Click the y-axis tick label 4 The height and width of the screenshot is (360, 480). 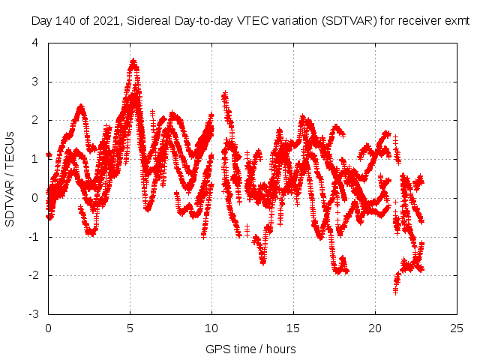(35, 43)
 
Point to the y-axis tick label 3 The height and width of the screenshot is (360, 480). (35, 82)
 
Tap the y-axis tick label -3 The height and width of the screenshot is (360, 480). (33, 314)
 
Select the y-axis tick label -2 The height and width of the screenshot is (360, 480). (33, 275)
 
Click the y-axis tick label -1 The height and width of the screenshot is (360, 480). (33, 237)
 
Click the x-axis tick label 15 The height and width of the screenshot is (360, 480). (293, 328)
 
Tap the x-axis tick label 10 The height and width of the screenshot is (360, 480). (211, 328)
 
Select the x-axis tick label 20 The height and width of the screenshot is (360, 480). (375, 328)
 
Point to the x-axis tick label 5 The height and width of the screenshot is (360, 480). (130, 328)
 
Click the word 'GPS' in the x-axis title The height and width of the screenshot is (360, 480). (217, 349)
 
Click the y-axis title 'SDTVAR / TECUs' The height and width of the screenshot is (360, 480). (10, 178)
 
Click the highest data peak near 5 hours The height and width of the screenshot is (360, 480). (133, 61)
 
